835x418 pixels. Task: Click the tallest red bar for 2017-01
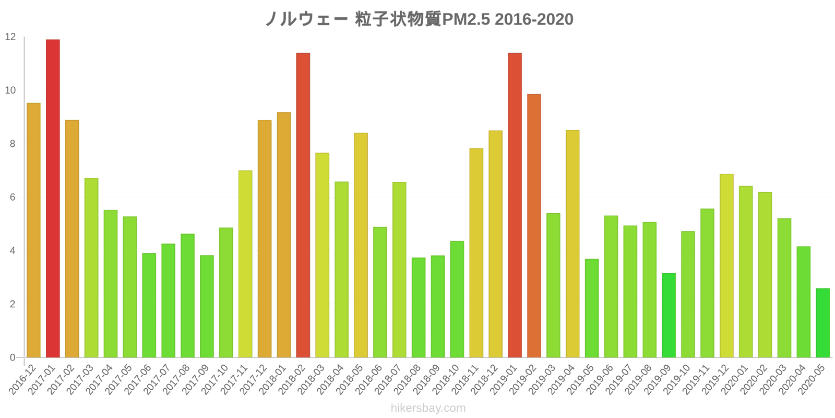53,199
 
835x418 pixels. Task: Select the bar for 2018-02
303,205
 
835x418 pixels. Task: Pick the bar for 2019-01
515,205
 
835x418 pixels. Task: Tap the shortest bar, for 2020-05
822,323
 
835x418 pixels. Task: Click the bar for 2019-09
669,315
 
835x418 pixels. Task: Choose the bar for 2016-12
33,230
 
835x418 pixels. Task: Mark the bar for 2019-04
572,243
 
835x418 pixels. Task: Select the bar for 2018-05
361,245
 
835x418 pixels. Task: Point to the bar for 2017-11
245,264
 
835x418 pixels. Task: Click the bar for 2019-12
726,265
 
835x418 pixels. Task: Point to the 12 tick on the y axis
10,37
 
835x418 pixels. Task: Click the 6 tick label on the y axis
13,198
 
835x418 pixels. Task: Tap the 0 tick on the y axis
13,358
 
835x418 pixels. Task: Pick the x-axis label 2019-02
524,380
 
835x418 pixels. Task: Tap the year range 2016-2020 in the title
534,19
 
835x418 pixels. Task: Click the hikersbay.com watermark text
428,408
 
